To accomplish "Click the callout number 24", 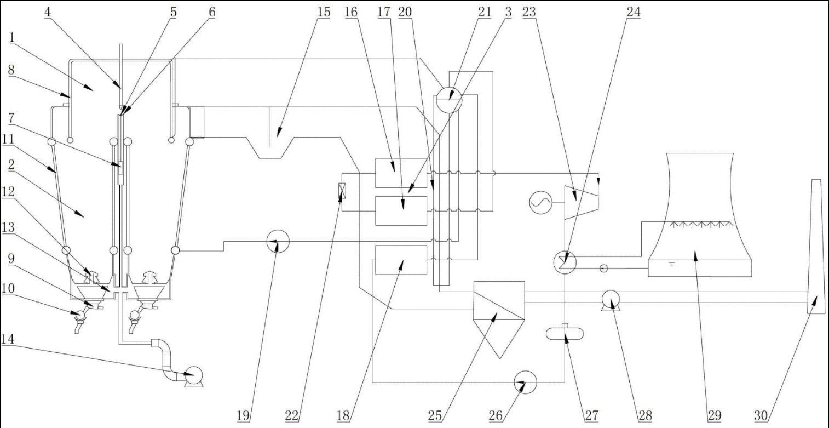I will pyautogui.click(x=633, y=12).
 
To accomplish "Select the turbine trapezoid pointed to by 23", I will pyautogui.click(x=581, y=202).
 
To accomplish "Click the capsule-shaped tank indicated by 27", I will pyautogui.click(x=565, y=333).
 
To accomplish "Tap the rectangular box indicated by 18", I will pyautogui.click(x=401, y=259).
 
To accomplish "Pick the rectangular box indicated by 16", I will pyautogui.click(x=401, y=172).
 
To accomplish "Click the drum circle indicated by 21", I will pyautogui.click(x=448, y=99).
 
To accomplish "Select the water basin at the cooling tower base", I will pyautogui.click(x=699, y=267).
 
